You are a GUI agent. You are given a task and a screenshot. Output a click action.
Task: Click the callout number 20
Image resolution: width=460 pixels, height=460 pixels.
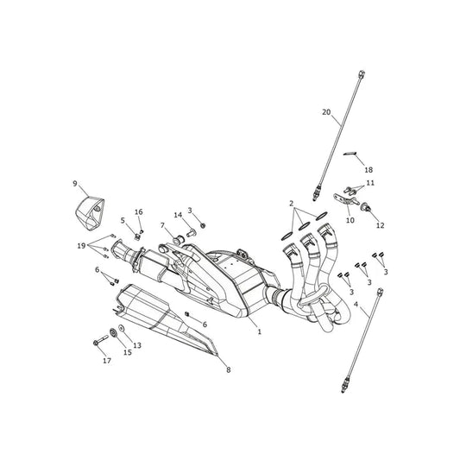click(x=326, y=112)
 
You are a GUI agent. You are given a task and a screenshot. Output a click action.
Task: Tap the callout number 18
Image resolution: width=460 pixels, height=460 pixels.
click(x=369, y=169)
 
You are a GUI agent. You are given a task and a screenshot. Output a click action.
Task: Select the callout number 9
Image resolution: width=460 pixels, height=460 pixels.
click(x=75, y=184)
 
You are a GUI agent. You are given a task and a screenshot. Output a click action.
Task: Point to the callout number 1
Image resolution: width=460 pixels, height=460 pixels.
click(x=259, y=331)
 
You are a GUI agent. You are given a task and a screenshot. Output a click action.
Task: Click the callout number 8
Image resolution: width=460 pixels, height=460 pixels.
click(x=229, y=370)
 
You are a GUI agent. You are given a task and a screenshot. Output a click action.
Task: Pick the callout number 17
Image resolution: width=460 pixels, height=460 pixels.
click(x=107, y=361)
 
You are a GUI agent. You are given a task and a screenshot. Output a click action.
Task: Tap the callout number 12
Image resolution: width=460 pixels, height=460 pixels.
click(x=381, y=225)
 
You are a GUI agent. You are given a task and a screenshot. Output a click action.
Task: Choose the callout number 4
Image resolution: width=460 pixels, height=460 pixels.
click(x=356, y=305)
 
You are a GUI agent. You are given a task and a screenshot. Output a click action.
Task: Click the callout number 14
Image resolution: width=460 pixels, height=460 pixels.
click(x=178, y=215)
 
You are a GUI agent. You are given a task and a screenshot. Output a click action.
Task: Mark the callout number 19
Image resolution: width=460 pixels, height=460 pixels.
click(x=81, y=246)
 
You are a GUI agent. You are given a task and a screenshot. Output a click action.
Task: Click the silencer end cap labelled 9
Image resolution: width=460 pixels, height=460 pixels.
click(x=89, y=213)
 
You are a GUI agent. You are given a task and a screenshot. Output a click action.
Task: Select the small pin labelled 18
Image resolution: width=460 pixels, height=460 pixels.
click(x=350, y=153)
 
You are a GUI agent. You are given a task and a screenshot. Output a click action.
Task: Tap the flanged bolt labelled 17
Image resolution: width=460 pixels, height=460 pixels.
click(x=100, y=340)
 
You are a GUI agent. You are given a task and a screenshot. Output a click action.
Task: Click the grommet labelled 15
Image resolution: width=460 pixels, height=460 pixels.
click(x=113, y=332)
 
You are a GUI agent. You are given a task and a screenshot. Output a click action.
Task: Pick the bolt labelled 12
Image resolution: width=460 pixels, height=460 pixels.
click(x=366, y=207)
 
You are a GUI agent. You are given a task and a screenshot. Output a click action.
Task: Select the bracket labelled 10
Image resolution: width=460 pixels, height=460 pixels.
click(x=346, y=199)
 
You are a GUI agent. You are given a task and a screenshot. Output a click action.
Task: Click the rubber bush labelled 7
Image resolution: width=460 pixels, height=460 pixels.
click(x=179, y=240)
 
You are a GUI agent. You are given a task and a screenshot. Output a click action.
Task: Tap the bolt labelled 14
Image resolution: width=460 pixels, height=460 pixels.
click(x=192, y=233)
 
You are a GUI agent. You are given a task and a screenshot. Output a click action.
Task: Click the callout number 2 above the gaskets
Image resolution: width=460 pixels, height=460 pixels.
click(x=292, y=204)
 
